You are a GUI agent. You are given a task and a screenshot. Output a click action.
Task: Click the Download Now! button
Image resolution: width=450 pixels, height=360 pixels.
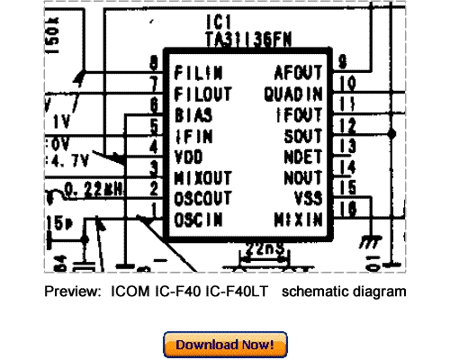click(x=225, y=345)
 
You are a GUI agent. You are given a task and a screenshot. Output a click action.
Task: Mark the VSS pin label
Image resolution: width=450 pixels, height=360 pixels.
click(x=308, y=197)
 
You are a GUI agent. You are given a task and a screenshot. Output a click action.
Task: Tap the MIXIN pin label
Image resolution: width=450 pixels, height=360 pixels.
click(x=300, y=219)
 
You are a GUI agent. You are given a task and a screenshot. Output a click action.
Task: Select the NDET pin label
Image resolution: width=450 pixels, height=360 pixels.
click(x=303, y=155)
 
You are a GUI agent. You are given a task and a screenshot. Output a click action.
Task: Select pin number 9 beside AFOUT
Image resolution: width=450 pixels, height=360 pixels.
click(x=342, y=62)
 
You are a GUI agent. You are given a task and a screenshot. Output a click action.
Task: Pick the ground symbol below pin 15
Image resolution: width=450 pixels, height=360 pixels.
click(x=366, y=242)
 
